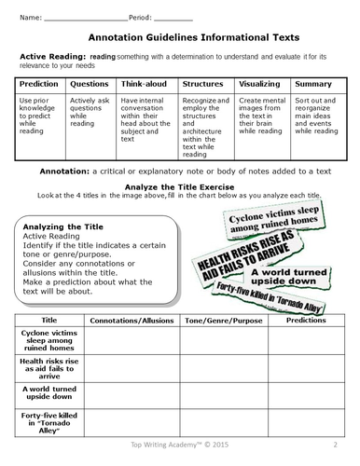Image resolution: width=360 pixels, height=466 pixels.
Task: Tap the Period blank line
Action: [173, 20]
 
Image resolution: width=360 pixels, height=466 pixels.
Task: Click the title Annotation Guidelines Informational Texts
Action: [180, 38]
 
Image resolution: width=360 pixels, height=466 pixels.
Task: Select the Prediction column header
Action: [38, 83]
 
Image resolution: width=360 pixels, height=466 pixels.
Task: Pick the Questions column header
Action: [89, 83]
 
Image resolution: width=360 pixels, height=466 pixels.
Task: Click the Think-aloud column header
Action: [145, 83]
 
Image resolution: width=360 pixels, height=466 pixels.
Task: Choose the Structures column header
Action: [203, 83]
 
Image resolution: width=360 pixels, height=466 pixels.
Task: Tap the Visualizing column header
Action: [261, 83]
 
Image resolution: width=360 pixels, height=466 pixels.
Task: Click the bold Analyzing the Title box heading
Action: [60, 226]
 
